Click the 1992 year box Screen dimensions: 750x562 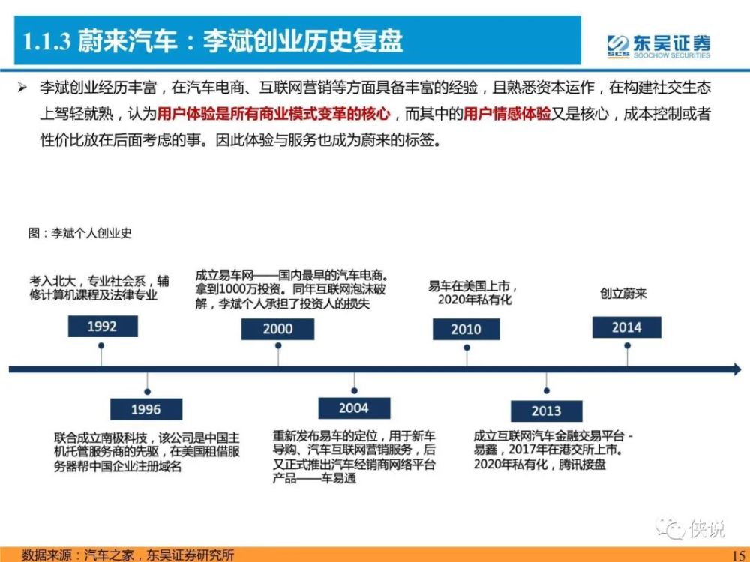(103, 327)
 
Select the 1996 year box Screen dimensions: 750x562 (146, 409)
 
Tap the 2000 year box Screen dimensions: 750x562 (278, 329)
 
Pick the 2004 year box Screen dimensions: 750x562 (355, 408)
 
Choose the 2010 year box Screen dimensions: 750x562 (466, 329)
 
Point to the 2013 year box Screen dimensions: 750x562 (547, 411)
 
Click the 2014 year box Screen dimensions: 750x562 (626, 327)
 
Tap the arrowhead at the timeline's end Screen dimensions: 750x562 (737, 369)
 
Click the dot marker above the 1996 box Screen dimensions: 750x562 (147, 391)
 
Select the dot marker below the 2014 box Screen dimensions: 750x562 (627, 345)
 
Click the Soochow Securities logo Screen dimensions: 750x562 (659, 46)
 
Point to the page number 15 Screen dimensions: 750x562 (738, 555)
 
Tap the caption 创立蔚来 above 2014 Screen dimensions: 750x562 (623, 294)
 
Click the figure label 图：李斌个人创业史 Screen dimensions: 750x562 (80, 233)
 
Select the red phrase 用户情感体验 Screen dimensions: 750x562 (507, 114)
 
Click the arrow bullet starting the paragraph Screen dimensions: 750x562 (22, 88)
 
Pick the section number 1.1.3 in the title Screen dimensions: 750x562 (46, 41)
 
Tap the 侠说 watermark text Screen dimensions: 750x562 (707, 528)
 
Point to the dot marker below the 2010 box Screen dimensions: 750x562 (466, 348)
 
